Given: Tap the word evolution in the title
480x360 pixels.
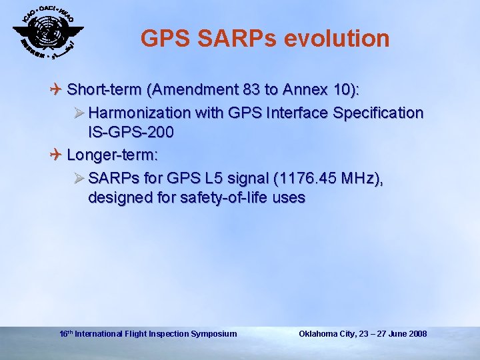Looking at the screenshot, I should (x=337, y=39).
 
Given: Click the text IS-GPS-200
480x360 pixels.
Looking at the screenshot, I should (x=131, y=132).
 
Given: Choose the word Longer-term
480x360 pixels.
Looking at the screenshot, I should (x=113, y=155).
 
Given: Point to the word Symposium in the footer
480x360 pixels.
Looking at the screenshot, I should (x=214, y=333).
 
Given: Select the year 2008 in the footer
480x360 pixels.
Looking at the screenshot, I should (x=417, y=333).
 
